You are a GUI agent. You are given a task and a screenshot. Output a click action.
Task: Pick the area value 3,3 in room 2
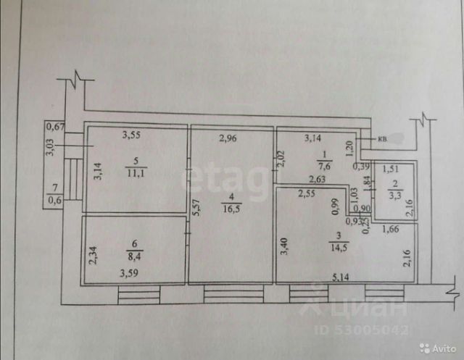(x=392, y=194)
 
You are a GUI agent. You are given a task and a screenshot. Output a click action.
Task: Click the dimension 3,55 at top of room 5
(x=130, y=134)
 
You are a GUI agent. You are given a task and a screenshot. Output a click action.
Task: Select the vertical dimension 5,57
(x=195, y=209)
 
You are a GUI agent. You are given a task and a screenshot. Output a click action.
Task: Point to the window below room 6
(x=138, y=294)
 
